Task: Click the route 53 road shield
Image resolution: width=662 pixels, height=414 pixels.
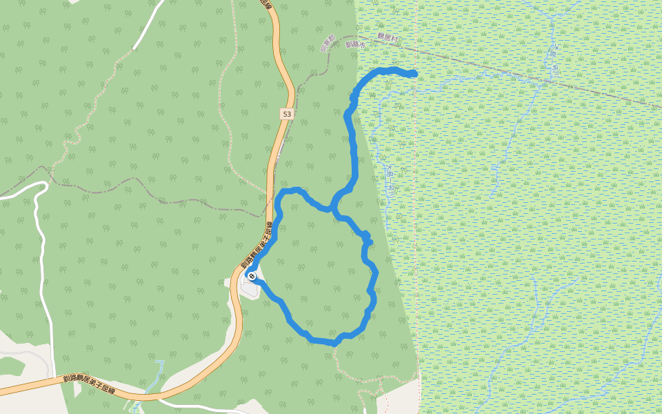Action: click(287, 112)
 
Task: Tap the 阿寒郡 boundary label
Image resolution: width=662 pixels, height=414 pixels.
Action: click(328, 44)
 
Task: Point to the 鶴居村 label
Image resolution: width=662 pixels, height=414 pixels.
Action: click(388, 37)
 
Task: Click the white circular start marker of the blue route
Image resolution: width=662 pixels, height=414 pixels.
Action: click(252, 277)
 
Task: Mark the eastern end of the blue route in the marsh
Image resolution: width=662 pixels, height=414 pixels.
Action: click(414, 73)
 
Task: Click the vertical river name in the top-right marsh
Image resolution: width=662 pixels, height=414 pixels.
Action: click(552, 55)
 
